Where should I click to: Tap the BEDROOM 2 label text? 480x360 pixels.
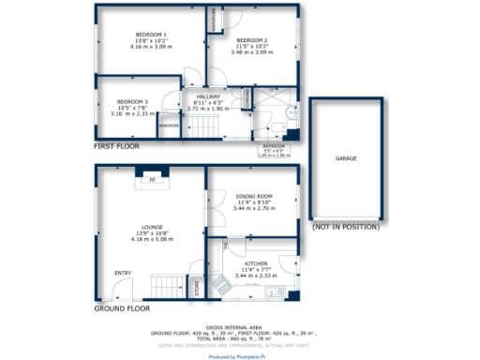click(x=252, y=39)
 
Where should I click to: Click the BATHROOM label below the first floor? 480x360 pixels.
click(x=275, y=145)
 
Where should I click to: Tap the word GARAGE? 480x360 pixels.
click(x=346, y=159)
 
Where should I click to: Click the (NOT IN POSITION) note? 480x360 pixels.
click(x=346, y=227)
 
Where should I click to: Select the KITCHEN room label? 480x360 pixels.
click(x=257, y=264)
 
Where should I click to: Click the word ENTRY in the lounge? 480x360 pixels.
click(x=123, y=273)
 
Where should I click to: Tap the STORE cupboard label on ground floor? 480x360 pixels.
click(x=197, y=287)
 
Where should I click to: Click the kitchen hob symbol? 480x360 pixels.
click(x=222, y=284)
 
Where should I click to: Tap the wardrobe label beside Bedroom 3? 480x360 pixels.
click(x=170, y=126)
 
